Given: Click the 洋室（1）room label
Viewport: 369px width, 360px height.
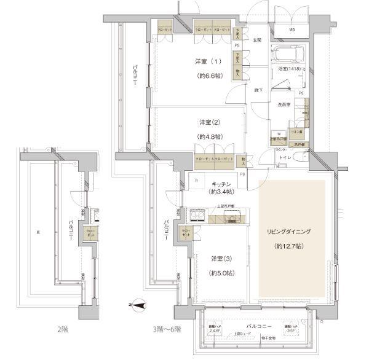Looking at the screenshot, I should (x=208, y=62).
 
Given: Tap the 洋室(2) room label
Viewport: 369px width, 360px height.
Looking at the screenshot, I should (x=209, y=122).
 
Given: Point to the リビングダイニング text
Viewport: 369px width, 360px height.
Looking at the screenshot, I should (x=289, y=232).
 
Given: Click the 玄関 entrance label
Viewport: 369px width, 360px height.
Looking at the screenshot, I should (x=257, y=40).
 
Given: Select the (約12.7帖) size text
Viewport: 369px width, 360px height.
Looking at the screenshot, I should (x=289, y=246).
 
